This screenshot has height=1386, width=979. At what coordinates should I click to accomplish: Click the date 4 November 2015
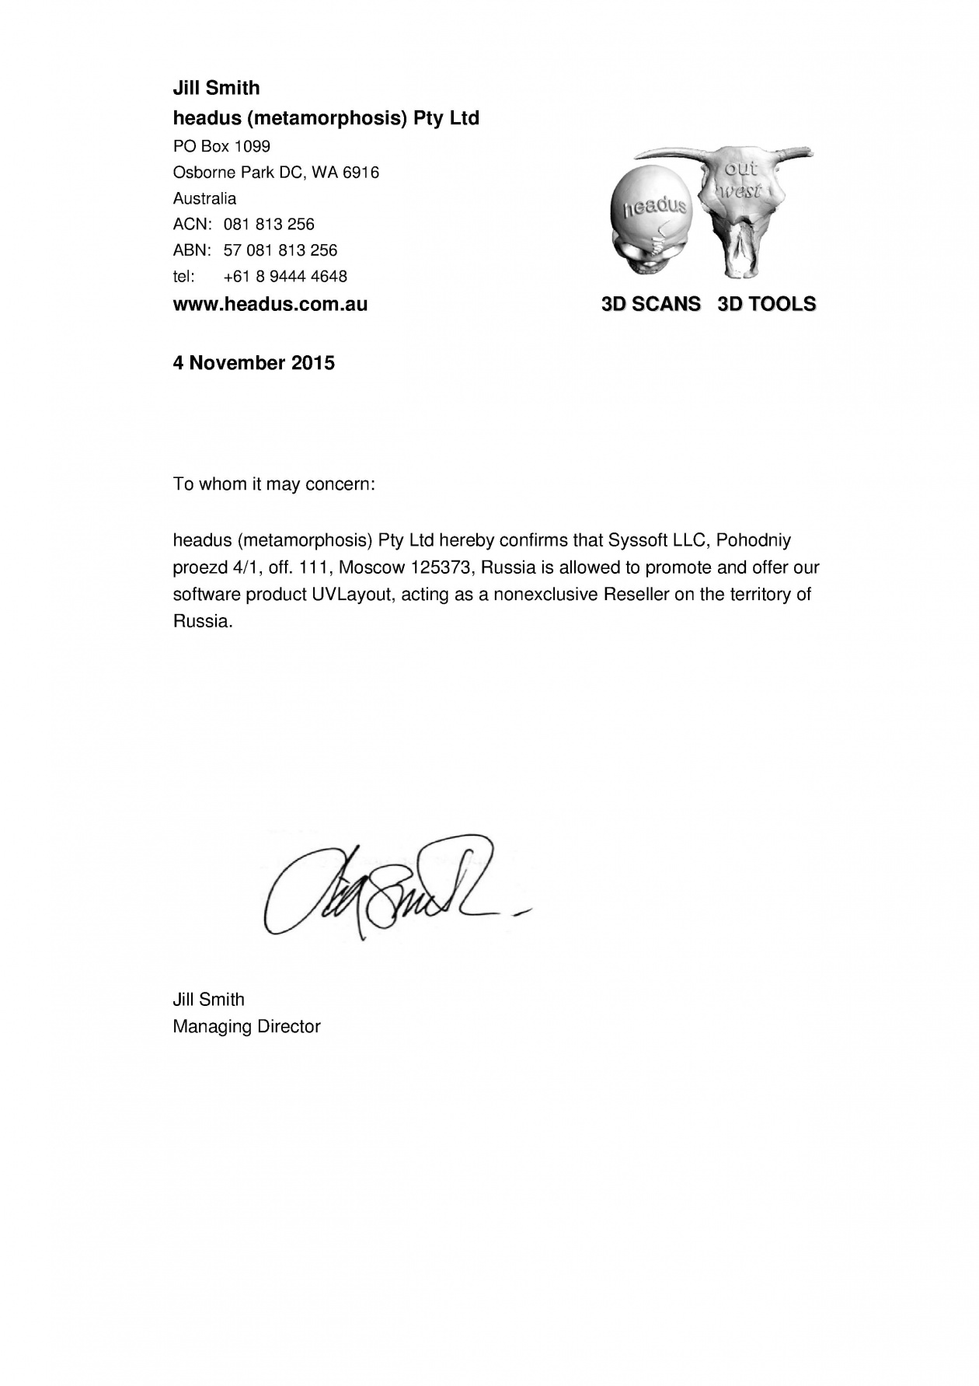(x=253, y=363)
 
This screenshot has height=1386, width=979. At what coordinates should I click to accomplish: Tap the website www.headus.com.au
(x=270, y=304)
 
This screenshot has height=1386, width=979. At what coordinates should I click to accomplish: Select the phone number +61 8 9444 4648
(x=285, y=276)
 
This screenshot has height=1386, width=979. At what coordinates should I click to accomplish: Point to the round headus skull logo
(x=651, y=222)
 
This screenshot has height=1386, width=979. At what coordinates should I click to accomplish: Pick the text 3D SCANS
(x=651, y=304)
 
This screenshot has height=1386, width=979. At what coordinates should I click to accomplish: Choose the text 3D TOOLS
(x=766, y=304)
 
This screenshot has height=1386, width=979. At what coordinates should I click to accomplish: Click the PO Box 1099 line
(x=221, y=146)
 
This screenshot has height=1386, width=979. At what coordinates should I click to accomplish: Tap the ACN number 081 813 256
(x=269, y=225)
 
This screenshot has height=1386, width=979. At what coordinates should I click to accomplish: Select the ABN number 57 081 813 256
(x=280, y=250)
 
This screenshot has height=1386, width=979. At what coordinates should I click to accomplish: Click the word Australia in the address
(x=204, y=198)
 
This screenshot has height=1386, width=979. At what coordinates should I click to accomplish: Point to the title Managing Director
(x=246, y=1026)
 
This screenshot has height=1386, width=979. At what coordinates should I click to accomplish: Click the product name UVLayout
(x=351, y=595)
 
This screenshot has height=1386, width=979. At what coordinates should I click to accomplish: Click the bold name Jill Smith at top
(x=216, y=88)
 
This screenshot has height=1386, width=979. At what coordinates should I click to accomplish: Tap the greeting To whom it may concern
(x=273, y=484)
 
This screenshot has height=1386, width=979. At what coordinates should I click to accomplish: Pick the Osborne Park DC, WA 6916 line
(x=276, y=173)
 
